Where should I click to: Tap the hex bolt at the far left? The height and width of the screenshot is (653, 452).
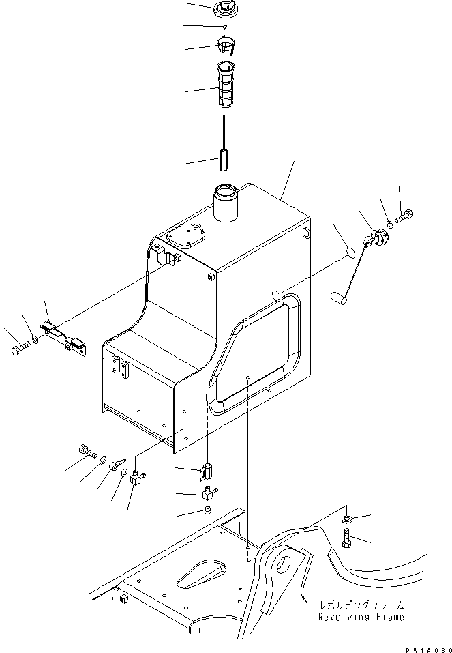18,351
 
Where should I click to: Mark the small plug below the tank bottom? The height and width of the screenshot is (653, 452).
206,510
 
